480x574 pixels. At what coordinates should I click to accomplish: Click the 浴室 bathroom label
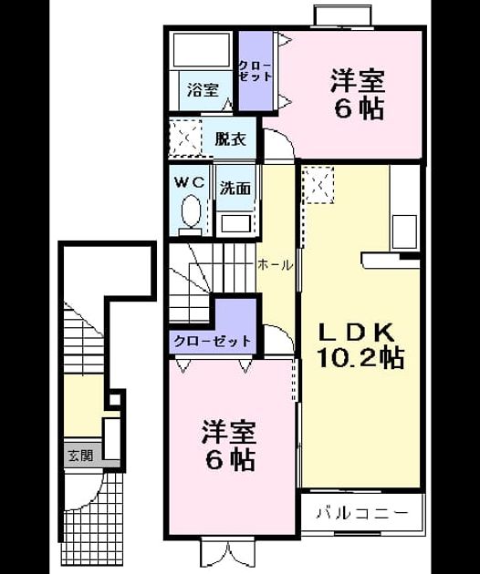tap(203, 89)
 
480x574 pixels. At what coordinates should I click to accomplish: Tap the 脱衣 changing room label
tap(230, 139)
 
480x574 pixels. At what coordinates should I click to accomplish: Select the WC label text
tap(190, 182)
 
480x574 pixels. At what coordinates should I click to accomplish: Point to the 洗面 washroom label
tap(235, 189)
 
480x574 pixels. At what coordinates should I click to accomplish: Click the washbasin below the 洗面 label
tap(235, 223)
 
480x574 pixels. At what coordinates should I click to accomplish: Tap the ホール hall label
tap(276, 264)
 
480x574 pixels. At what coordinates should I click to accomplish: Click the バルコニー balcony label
tap(362, 513)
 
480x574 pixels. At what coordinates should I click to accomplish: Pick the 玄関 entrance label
tap(80, 456)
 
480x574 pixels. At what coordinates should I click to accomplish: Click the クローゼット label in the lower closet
tap(213, 341)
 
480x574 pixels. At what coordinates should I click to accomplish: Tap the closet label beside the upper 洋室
tap(256, 71)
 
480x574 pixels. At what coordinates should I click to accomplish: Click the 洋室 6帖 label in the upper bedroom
tap(358, 95)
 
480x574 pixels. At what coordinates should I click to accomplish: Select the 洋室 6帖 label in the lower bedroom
tap(229, 446)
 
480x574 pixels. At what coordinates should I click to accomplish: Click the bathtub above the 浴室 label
tap(201, 50)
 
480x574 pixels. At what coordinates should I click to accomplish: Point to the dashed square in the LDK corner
tap(318, 185)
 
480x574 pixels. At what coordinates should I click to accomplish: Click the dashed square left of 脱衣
tap(185, 138)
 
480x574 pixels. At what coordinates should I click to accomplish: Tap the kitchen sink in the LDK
tap(404, 231)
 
